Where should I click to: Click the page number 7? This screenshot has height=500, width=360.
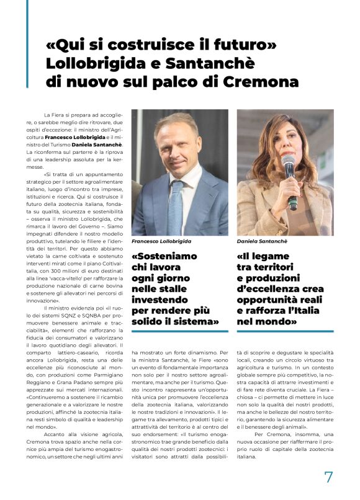[x=329, y=476]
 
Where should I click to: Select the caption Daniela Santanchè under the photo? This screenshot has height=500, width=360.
[x=261, y=239]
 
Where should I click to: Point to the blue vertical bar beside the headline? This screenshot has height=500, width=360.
[x=27, y=43]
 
